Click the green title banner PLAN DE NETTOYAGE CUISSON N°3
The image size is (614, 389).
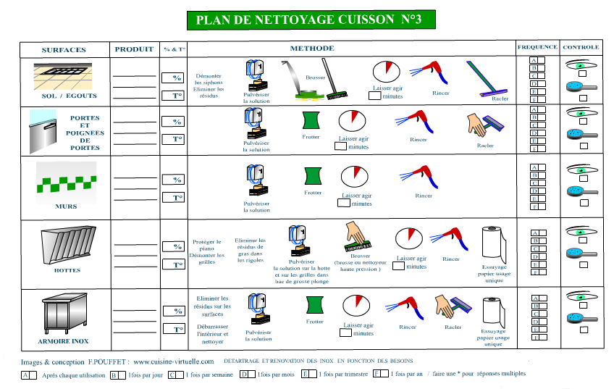[x=308, y=20]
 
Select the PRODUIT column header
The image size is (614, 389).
[x=134, y=49]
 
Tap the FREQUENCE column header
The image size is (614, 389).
[x=537, y=47]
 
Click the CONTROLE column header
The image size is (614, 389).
[x=581, y=47]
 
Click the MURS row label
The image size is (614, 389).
[x=66, y=206]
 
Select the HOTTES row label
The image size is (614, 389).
[x=67, y=270]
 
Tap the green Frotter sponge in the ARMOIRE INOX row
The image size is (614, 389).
[x=314, y=304]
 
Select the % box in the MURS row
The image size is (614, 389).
[x=174, y=179]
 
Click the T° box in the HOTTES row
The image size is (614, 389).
[x=174, y=264]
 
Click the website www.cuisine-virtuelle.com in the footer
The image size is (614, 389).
[x=173, y=361]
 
